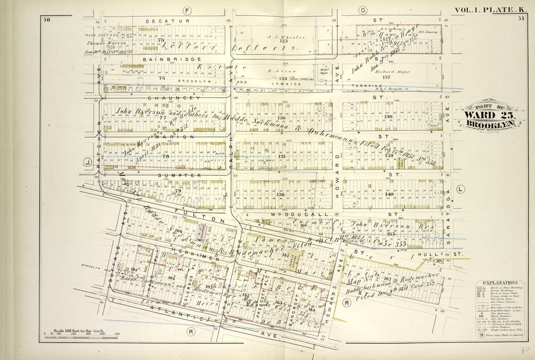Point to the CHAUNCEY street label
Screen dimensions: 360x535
(x=163, y=98)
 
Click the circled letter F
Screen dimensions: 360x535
(x=187, y=10)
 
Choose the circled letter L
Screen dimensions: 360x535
(x=460, y=189)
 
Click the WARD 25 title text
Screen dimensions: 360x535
(x=490, y=116)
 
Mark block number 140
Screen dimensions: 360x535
(x=389, y=194)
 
